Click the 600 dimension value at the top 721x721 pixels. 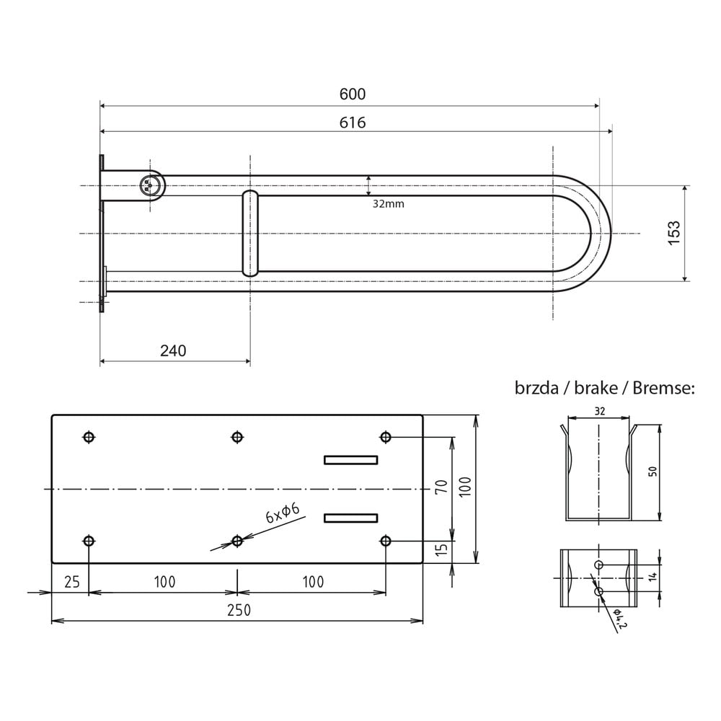[x=353, y=94]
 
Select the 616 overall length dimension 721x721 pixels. [x=353, y=123]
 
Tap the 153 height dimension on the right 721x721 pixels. [x=673, y=233]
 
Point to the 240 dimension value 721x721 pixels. [x=173, y=351]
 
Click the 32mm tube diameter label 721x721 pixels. [x=388, y=204]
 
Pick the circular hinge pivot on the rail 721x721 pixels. [x=150, y=185]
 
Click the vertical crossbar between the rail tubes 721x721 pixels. [x=250, y=233]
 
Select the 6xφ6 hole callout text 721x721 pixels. [x=283, y=513]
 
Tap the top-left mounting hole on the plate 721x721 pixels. [x=89, y=437]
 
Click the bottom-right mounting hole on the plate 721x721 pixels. [x=385, y=541]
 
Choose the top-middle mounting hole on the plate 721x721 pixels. [x=236, y=437]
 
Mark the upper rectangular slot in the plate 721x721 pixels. [x=351, y=460]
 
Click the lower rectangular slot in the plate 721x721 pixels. [x=351, y=518]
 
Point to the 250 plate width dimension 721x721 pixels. [x=239, y=610]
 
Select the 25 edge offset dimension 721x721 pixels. [x=72, y=582]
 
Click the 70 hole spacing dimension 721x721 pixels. [x=441, y=486]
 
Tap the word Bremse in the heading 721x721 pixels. [x=664, y=388]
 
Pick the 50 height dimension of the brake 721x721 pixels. [x=653, y=472]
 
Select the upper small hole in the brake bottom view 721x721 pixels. [x=598, y=565]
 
